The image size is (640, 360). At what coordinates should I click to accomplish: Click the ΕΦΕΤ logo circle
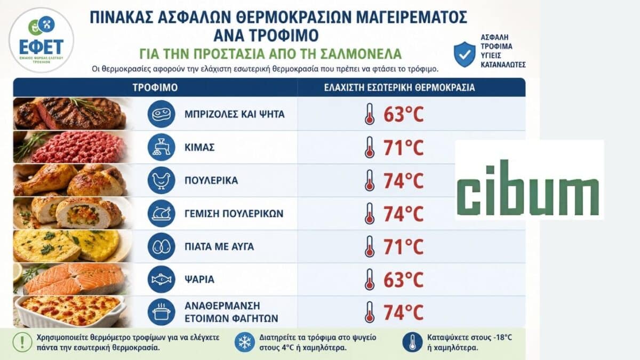(x=42, y=41)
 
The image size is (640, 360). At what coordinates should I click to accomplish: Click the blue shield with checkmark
(x=465, y=54)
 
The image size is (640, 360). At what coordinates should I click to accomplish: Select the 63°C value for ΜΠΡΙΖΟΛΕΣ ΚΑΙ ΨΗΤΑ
(x=403, y=114)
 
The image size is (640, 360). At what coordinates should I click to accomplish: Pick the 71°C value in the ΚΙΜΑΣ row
(x=403, y=147)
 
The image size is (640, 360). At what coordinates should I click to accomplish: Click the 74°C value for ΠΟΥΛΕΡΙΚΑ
(x=403, y=181)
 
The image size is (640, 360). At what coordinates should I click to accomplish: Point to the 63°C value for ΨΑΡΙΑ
(x=403, y=279)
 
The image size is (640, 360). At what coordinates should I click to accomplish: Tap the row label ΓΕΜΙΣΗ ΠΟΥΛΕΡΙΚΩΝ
(x=234, y=213)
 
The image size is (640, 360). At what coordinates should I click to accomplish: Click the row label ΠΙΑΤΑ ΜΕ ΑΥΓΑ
(x=219, y=246)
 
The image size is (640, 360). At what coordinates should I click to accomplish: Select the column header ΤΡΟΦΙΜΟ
(x=155, y=87)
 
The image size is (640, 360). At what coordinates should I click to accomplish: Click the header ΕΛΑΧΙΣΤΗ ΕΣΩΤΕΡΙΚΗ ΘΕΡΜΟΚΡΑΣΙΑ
(x=399, y=87)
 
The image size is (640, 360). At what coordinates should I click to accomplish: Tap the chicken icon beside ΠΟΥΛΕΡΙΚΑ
(x=162, y=180)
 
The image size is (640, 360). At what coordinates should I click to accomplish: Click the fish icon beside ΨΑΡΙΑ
(x=162, y=279)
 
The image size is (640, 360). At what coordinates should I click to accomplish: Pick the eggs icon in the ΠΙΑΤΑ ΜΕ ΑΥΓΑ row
(x=162, y=246)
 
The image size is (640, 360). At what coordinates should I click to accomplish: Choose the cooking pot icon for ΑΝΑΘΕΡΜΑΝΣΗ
(x=162, y=312)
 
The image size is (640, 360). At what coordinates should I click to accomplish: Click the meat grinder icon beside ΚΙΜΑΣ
(x=162, y=147)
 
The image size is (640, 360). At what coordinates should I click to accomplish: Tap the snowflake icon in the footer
(x=245, y=342)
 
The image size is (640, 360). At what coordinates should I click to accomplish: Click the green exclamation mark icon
(x=22, y=342)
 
